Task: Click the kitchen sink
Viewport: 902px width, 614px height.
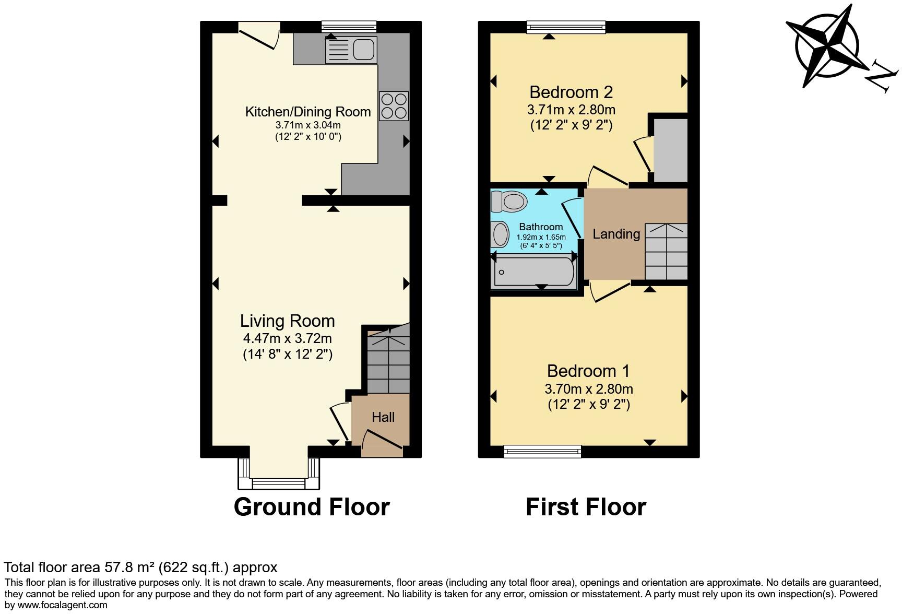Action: click(x=351, y=50)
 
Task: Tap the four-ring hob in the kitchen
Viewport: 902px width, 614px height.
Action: click(x=394, y=106)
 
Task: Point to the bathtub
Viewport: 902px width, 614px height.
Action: click(x=533, y=272)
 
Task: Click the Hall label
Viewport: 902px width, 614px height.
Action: click(x=383, y=417)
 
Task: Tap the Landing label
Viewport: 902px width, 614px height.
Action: click(x=616, y=234)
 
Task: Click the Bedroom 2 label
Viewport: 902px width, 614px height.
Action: click(x=571, y=92)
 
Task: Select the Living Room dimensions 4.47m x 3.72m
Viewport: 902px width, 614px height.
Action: click(x=287, y=338)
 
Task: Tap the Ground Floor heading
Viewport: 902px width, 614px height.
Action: click(x=312, y=507)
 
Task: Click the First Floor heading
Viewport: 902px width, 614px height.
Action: click(x=586, y=507)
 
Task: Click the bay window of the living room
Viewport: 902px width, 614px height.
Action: click(x=278, y=483)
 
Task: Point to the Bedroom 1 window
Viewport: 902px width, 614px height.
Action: click(x=542, y=451)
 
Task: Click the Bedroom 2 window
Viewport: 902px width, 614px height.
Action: click(x=566, y=27)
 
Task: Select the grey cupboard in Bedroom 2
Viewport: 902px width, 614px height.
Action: click(x=670, y=150)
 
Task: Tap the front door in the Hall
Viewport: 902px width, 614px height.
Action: click(x=383, y=439)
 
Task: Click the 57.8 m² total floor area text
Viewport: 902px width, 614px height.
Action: click(x=140, y=568)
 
